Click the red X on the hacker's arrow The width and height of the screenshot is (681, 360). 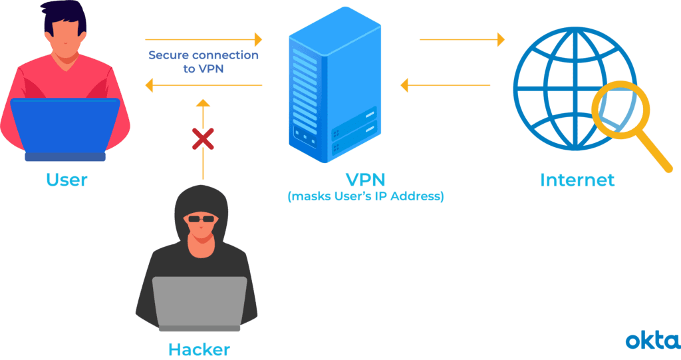pos(203,138)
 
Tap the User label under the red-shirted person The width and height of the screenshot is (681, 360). pos(67,180)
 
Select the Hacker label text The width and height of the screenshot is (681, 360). pos(199,349)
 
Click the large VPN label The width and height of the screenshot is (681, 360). pos(365,180)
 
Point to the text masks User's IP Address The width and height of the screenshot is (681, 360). pos(365,198)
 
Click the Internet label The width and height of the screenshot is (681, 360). pos(577,180)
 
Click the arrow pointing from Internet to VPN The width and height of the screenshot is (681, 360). pos(446,85)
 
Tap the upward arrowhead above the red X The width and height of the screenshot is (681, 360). pos(203,102)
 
